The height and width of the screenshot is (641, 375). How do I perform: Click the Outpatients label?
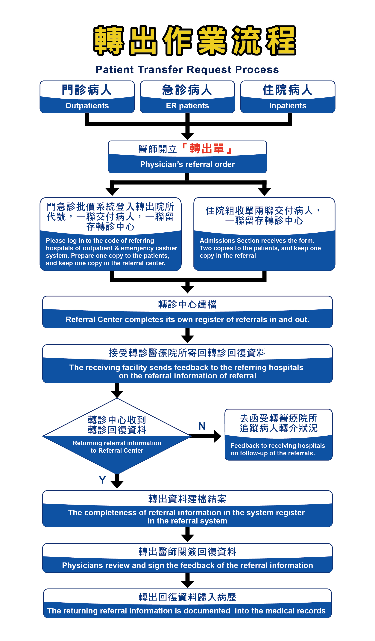[x=87, y=106]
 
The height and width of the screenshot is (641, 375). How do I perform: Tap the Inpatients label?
[x=288, y=106]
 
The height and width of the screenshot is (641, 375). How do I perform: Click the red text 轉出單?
[x=206, y=149]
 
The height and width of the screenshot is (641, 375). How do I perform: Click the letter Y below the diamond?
[x=102, y=480]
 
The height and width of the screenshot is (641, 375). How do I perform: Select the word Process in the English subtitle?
[x=257, y=69]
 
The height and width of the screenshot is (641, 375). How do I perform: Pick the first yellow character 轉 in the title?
[x=109, y=40]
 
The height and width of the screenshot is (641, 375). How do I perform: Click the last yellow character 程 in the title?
[x=281, y=40]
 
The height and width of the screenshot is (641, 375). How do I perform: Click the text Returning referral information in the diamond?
[x=117, y=443]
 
